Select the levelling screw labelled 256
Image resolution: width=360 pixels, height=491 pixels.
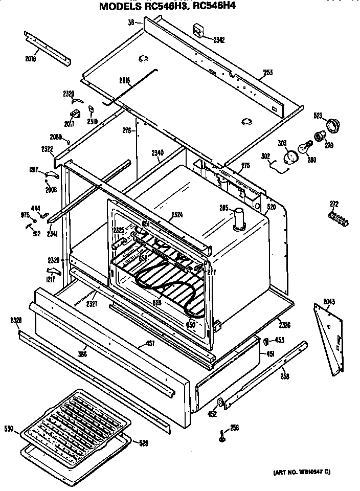221,435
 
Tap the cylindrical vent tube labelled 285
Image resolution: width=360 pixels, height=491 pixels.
239,219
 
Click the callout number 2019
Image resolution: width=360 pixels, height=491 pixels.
30,58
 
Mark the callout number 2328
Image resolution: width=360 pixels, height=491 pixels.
15,321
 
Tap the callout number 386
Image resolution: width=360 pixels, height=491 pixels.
81,353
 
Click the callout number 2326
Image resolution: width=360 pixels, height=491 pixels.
285,324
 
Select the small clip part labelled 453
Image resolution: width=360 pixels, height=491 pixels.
266,340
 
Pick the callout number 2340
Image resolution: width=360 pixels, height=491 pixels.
157,152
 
